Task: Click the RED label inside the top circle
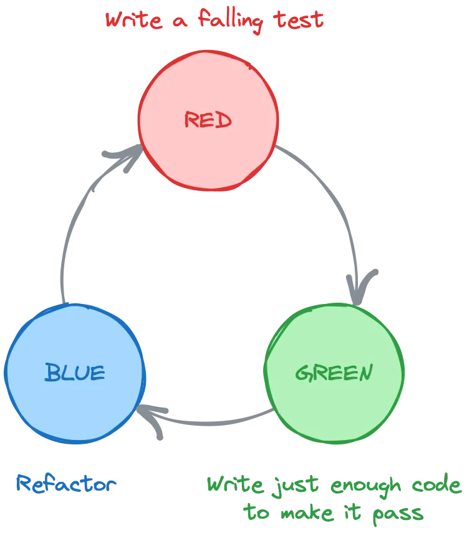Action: (208, 120)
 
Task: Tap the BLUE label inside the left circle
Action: (75, 373)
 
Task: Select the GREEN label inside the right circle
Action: (334, 373)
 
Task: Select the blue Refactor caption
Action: (65, 484)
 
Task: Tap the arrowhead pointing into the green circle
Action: (362, 284)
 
